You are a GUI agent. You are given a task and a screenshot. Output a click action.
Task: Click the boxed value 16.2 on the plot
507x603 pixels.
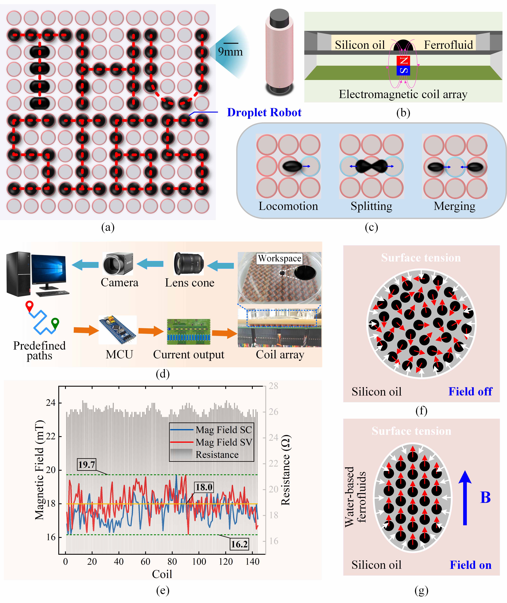click(239, 544)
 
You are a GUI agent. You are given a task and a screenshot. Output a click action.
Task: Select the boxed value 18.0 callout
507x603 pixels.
click(204, 487)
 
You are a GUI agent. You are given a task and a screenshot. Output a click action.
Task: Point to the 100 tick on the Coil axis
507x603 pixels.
click(199, 562)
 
